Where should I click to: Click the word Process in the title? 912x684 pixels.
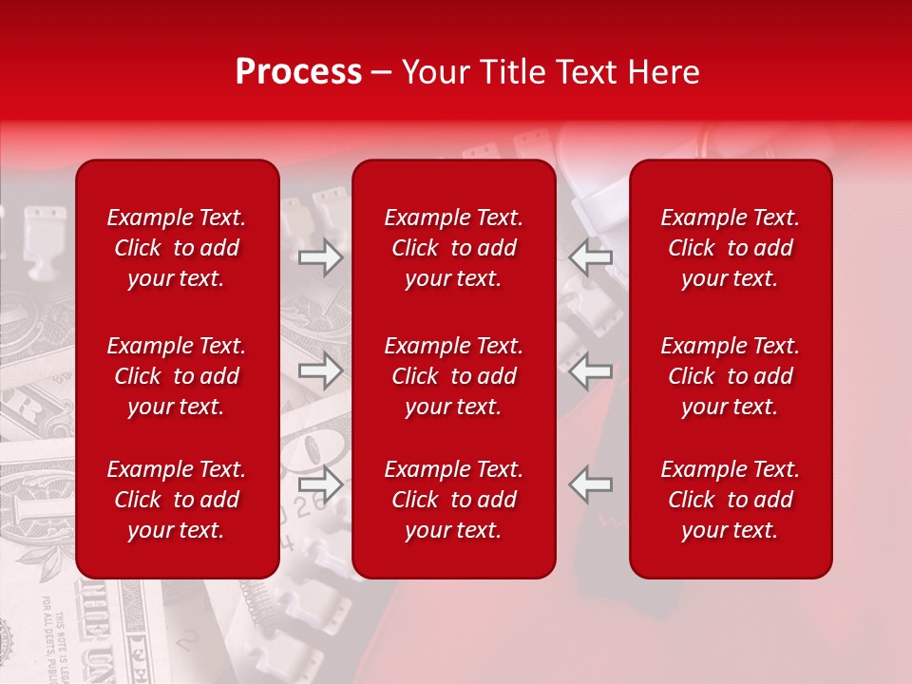click(298, 72)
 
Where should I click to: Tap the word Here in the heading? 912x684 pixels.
click(662, 72)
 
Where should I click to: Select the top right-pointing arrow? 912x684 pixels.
click(321, 257)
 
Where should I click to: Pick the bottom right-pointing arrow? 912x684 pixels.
click(321, 484)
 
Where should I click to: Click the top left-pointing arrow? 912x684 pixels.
click(591, 257)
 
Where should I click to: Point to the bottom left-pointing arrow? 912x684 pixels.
click(591, 484)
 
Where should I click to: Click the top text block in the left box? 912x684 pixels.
click(177, 248)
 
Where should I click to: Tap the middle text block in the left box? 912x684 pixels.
click(177, 376)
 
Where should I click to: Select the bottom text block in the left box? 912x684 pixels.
click(177, 500)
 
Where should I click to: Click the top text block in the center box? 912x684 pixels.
click(454, 248)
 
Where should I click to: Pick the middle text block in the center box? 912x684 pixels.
click(454, 376)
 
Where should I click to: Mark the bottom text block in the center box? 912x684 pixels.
click(454, 500)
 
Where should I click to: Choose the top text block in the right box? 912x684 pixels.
click(731, 248)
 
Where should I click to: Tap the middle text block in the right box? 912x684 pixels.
click(731, 376)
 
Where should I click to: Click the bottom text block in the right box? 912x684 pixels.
click(731, 500)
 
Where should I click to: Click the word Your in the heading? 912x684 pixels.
click(433, 72)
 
